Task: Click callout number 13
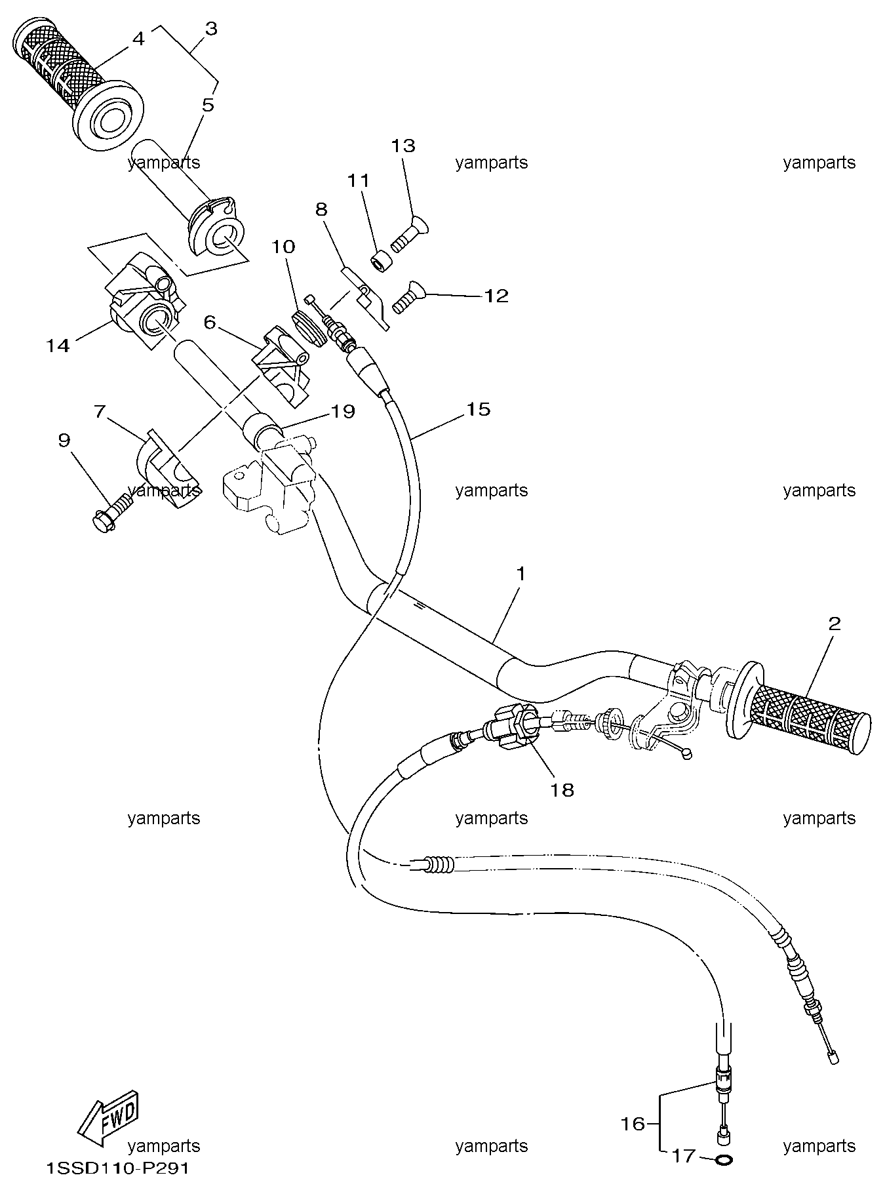point(404,145)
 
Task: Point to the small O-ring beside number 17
point(723,1160)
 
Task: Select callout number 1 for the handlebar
point(521,574)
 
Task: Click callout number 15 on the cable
point(478,409)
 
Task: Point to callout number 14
point(58,345)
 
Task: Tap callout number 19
point(343,411)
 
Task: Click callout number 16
point(633,1124)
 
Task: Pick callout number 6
point(210,322)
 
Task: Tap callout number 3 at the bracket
point(211,29)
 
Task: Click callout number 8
point(321,209)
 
